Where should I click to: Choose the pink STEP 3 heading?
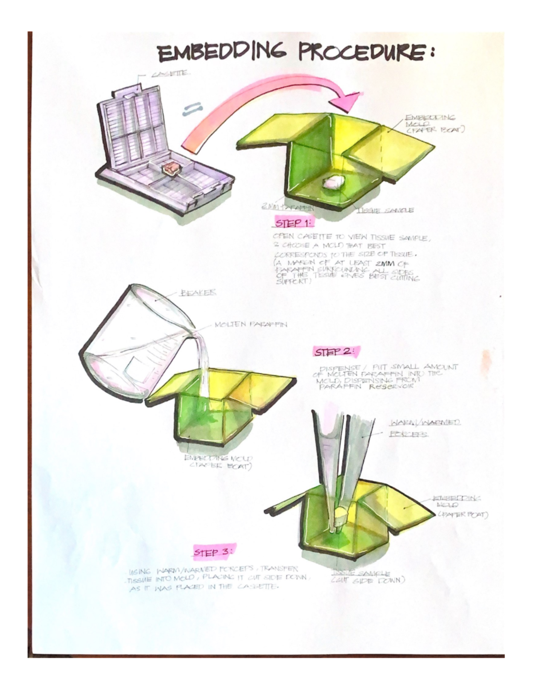(x=215, y=552)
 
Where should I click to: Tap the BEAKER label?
(x=198, y=293)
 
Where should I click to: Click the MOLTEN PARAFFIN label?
(x=251, y=324)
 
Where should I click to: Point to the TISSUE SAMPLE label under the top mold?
(x=385, y=210)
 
